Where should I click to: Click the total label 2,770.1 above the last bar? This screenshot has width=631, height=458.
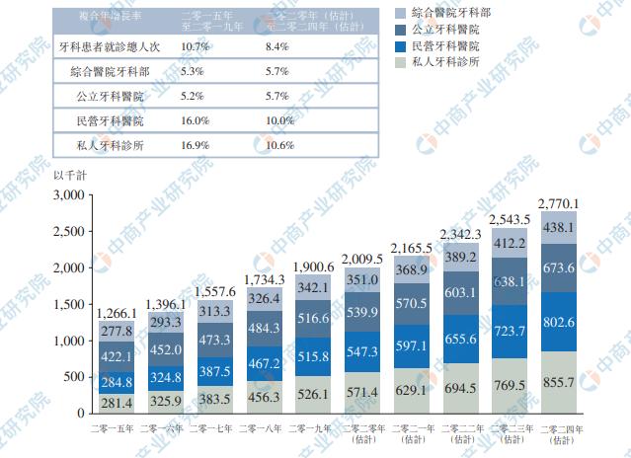[x=560, y=203]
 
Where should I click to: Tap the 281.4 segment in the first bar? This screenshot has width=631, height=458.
[x=117, y=402]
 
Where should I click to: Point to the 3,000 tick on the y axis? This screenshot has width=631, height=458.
[x=71, y=195]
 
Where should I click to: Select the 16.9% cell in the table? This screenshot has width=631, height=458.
[x=196, y=145]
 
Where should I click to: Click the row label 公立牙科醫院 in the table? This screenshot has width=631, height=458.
[x=110, y=96]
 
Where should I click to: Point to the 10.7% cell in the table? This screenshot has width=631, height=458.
[x=196, y=45]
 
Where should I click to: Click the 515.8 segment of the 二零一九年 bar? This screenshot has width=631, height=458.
[x=312, y=356]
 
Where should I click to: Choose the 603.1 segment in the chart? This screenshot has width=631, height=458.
[x=461, y=292]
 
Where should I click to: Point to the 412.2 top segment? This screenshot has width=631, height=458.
[x=511, y=242]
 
